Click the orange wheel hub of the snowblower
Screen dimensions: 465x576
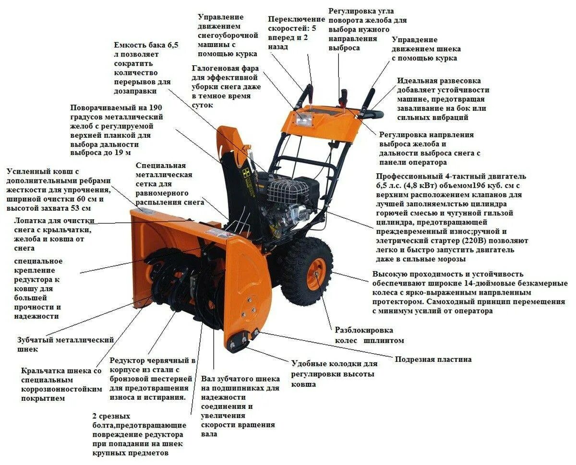click(x=316, y=274)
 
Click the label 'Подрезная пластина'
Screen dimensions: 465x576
click(x=433, y=359)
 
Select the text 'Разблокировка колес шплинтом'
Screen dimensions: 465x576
click(x=369, y=335)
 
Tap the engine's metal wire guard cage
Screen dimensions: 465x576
click(x=288, y=191)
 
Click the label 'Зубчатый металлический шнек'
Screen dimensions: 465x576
click(x=65, y=345)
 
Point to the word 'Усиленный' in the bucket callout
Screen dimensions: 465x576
click(x=28, y=171)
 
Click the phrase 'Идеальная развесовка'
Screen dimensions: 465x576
click(x=439, y=81)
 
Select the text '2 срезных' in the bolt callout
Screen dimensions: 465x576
click(x=111, y=416)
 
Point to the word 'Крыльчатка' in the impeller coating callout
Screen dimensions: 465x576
click(x=44, y=371)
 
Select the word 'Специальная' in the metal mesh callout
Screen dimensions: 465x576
click(x=160, y=166)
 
